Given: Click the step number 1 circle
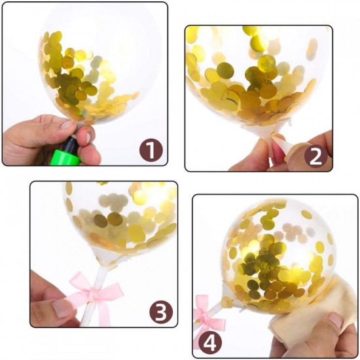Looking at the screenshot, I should click(x=151, y=151).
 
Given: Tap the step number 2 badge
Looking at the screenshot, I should click(x=315, y=156).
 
